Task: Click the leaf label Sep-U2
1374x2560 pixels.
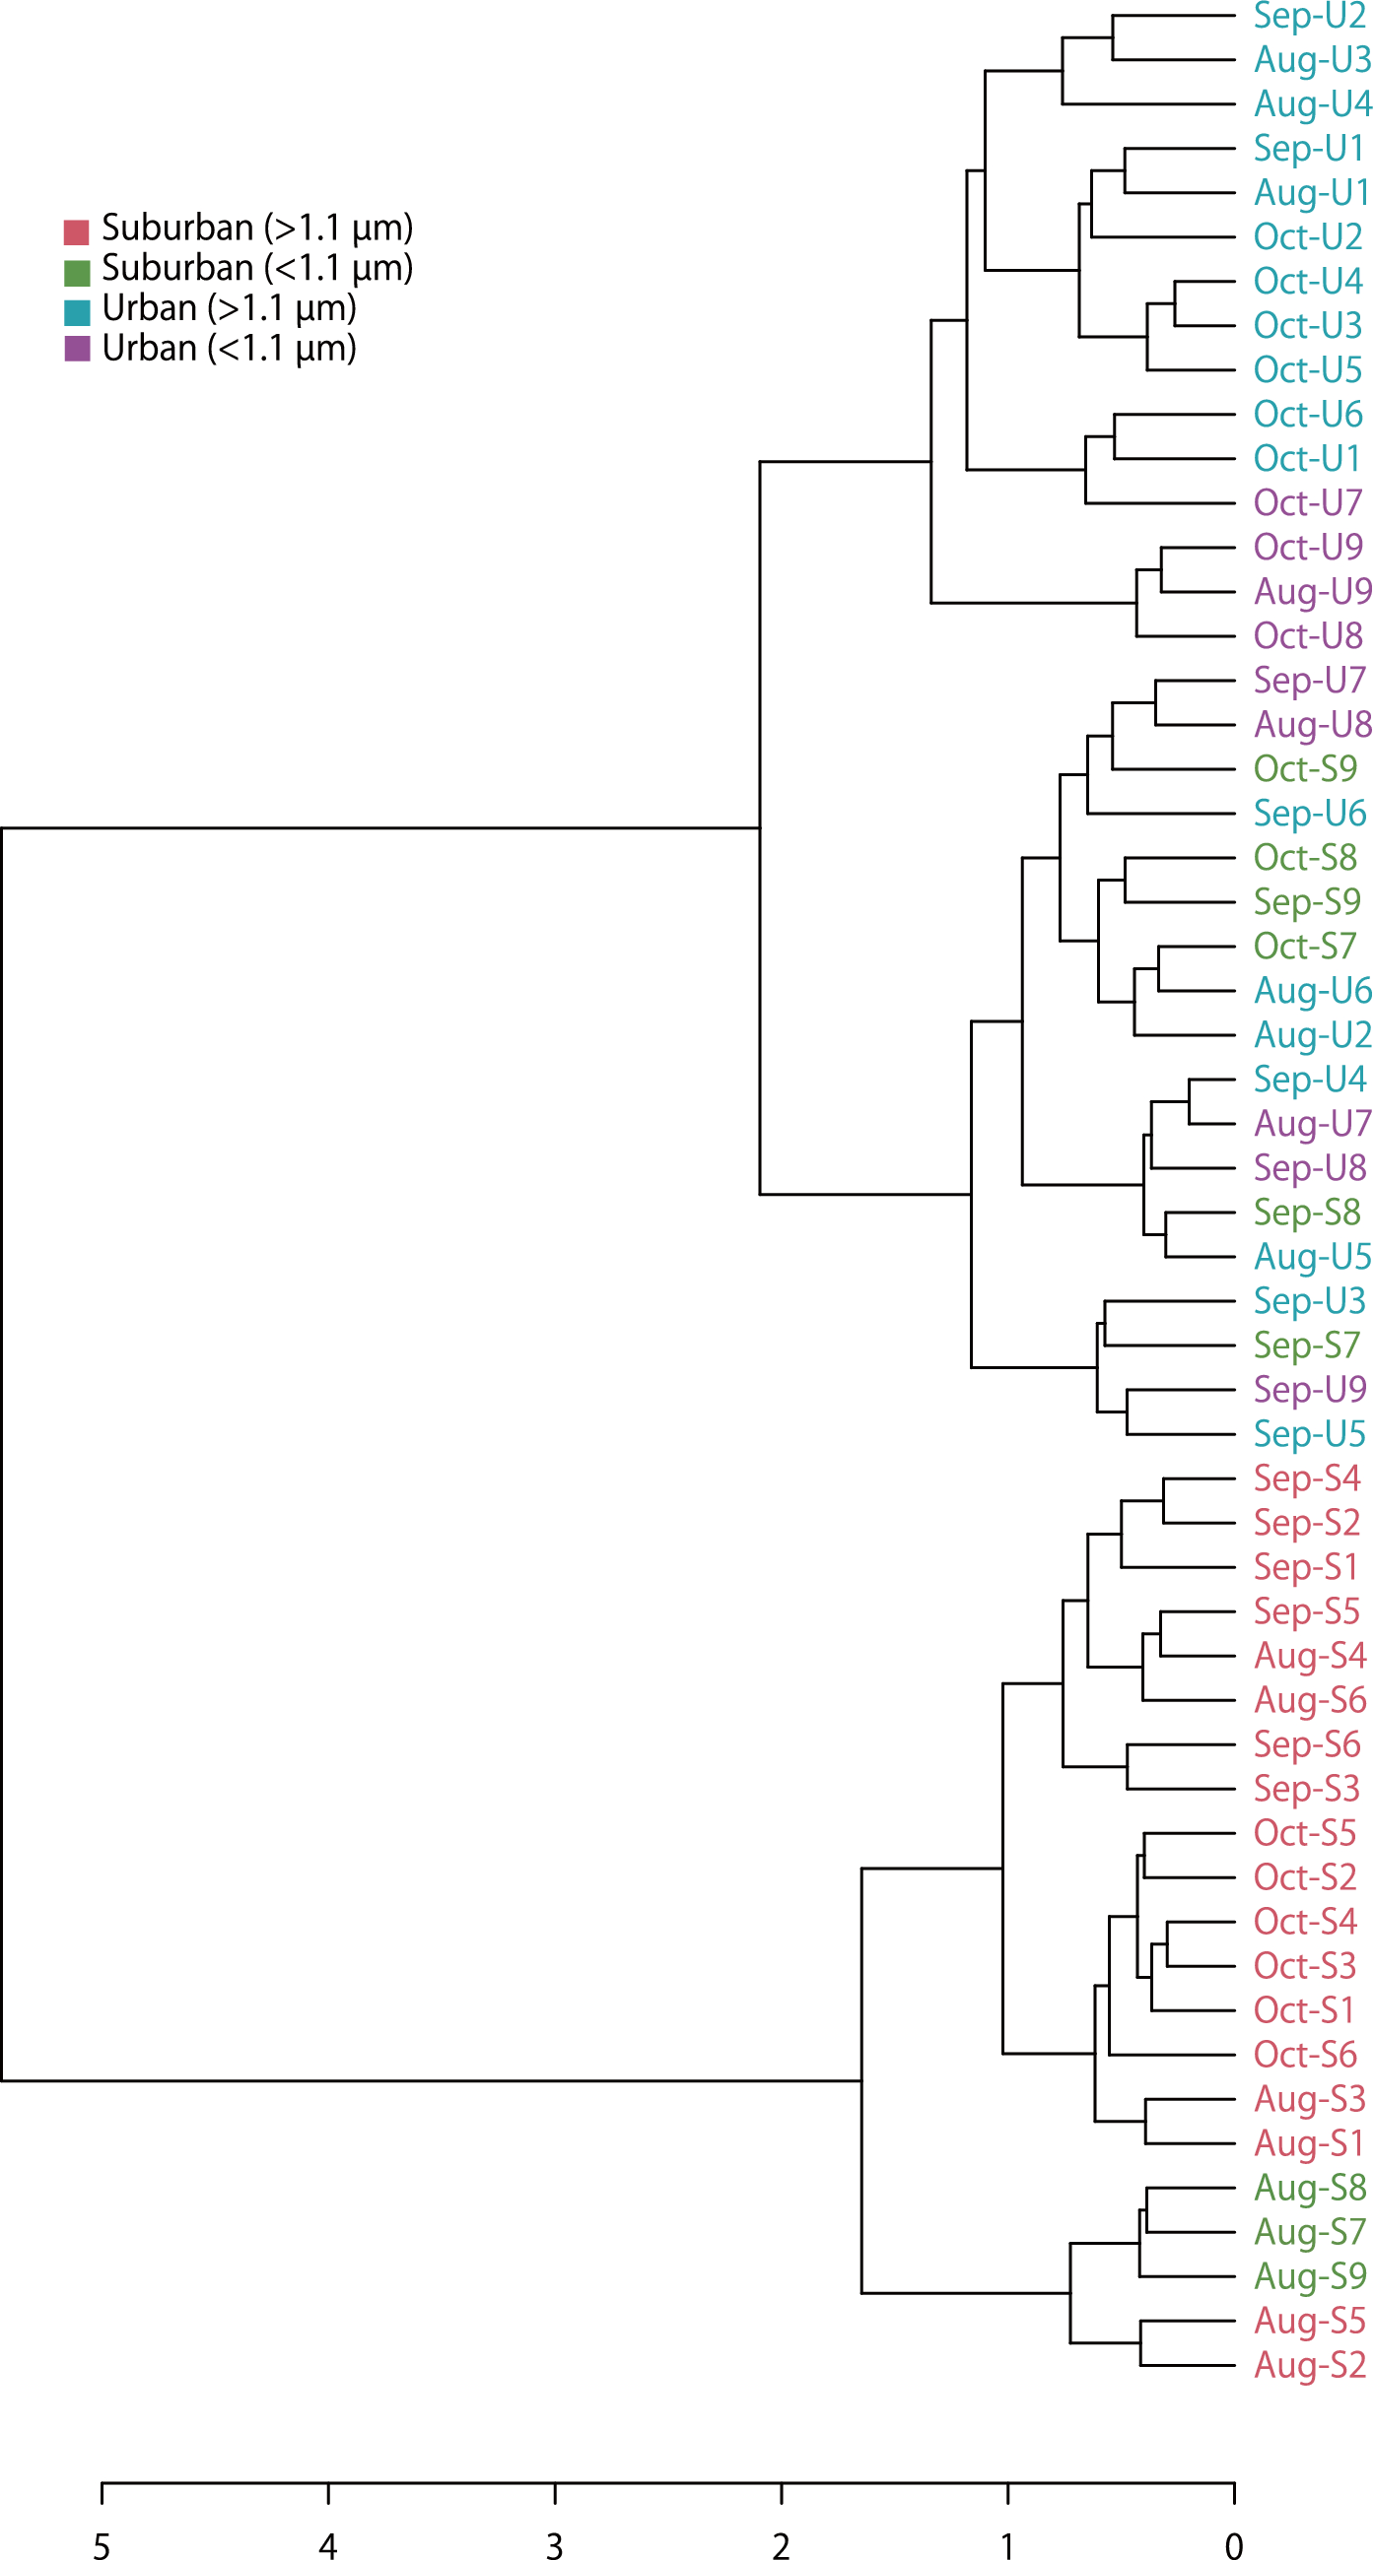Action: [1309, 16]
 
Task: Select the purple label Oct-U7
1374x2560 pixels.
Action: [1307, 503]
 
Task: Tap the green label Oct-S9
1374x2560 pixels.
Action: [1305, 769]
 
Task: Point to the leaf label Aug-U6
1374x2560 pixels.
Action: [1312, 991]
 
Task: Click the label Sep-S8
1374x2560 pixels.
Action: [1306, 1213]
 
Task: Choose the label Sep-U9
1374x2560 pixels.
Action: [1309, 1389]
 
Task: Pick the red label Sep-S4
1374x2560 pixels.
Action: [1306, 1478]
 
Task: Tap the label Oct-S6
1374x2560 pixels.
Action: [1305, 2055]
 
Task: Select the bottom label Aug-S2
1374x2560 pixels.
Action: [1310, 2365]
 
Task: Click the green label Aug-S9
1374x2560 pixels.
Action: [1310, 2276]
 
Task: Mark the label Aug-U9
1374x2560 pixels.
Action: [1312, 592]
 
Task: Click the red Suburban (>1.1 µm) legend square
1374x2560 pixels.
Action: [77, 232]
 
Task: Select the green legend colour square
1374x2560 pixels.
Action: [77, 272]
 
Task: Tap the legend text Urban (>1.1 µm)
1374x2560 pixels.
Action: [229, 309]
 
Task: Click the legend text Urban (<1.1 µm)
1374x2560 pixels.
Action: [229, 349]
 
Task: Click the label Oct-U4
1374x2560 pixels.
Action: [1307, 282]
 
